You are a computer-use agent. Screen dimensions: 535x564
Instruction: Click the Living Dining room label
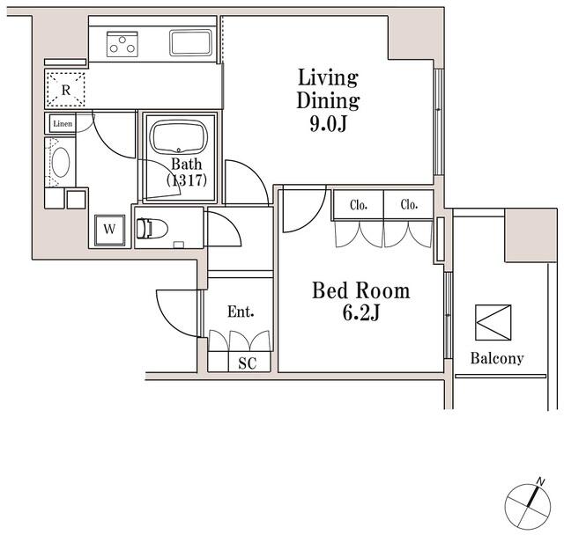point(327,87)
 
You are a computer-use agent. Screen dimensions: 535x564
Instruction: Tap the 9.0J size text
point(328,123)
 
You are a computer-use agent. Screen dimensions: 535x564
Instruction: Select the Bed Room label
point(361,291)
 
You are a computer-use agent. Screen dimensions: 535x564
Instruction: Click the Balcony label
point(496,358)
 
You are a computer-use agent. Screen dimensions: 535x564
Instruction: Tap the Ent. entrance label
point(240,311)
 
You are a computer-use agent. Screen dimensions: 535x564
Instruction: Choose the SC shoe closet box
point(247,363)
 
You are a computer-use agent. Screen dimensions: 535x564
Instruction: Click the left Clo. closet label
point(358,206)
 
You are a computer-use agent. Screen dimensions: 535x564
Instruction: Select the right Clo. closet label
point(409,206)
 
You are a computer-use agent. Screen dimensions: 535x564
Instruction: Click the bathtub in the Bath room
point(180,139)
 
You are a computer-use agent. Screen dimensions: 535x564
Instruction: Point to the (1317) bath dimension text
point(186,180)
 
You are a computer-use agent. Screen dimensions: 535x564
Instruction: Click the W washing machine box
point(109,229)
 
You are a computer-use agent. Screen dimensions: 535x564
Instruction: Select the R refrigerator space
point(66,89)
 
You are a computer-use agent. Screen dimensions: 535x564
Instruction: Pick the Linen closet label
point(62,124)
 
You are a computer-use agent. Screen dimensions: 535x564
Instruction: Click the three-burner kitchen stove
point(123,43)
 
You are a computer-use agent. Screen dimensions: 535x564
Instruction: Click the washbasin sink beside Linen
point(61,164)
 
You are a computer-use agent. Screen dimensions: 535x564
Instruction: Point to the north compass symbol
point(530,504)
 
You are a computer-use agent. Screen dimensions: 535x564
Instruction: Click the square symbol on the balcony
point(492,322)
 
